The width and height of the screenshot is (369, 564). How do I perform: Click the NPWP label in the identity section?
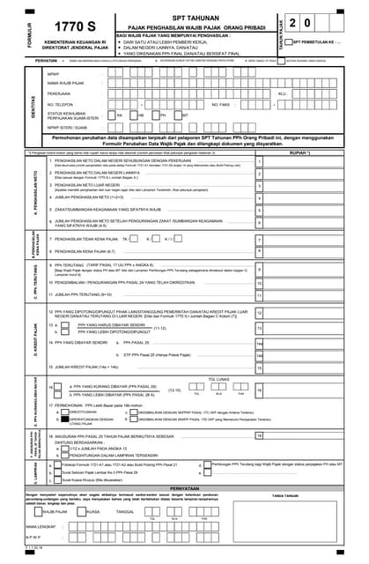point(54,74)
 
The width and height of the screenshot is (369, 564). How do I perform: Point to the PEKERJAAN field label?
point(60,93)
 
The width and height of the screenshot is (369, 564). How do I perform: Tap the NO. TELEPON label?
point(62,103)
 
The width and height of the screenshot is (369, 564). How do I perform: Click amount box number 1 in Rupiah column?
point(259,162)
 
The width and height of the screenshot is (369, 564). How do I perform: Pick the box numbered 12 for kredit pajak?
point(259,313)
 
